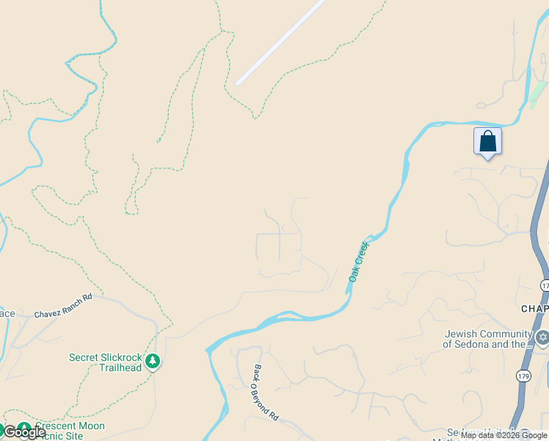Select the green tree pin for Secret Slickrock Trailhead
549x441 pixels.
(153, 361)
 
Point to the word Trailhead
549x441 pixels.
(121, 367)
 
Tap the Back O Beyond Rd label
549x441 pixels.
(266, 392)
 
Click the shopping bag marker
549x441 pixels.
(487, 141)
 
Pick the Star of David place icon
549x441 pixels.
(542, 339)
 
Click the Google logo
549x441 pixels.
(23, 432)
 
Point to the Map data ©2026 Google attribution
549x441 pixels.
(504, 436)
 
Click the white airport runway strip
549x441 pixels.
(280, 42)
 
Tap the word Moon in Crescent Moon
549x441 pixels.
(91, 426)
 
